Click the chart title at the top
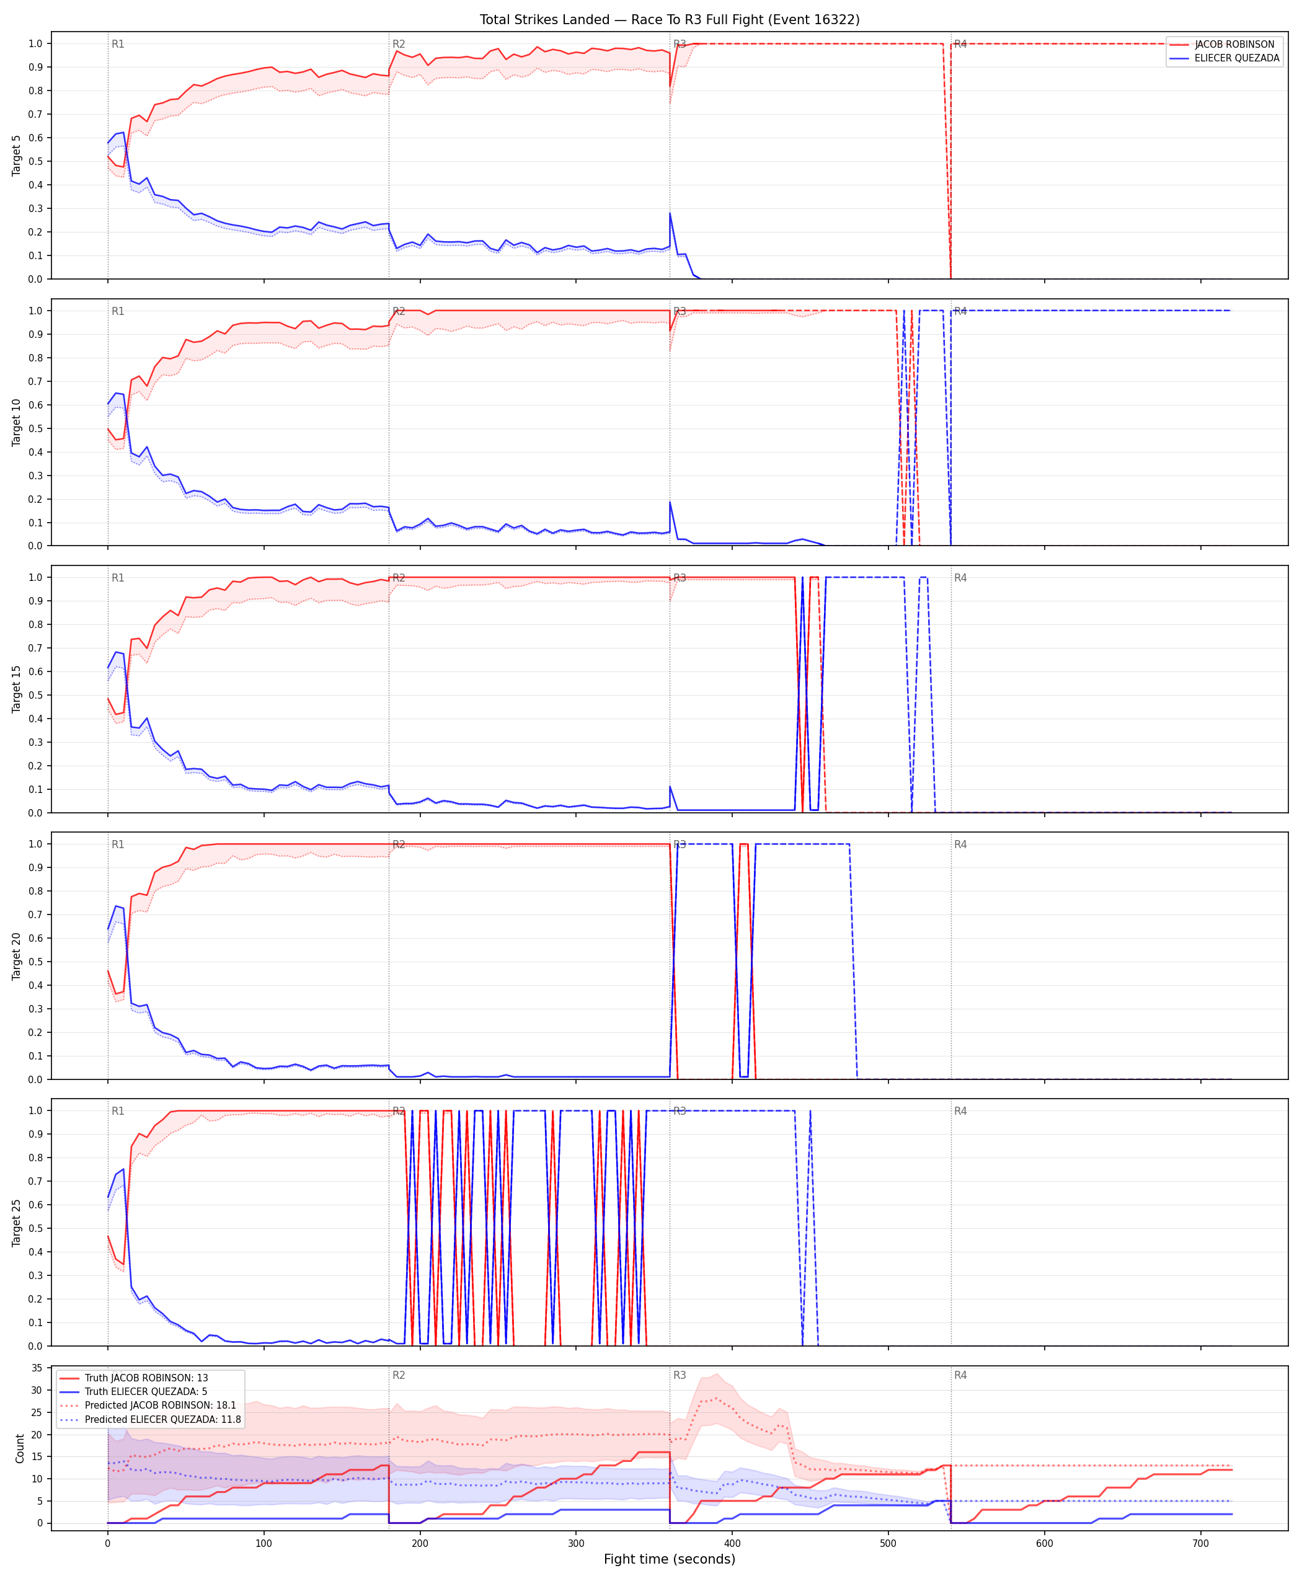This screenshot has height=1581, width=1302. tap(670, 19)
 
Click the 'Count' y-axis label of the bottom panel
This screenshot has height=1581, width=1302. tap(19, 1448)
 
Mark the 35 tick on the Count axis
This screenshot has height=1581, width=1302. tap(37, 1368)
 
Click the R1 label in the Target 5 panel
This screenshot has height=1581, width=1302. tap(118, 44)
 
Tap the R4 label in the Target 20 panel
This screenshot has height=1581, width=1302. tap(961, 844)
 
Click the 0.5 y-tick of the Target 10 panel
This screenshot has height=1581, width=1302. tap(35, 428)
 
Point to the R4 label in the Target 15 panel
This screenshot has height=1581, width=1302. tap(961, 577)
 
